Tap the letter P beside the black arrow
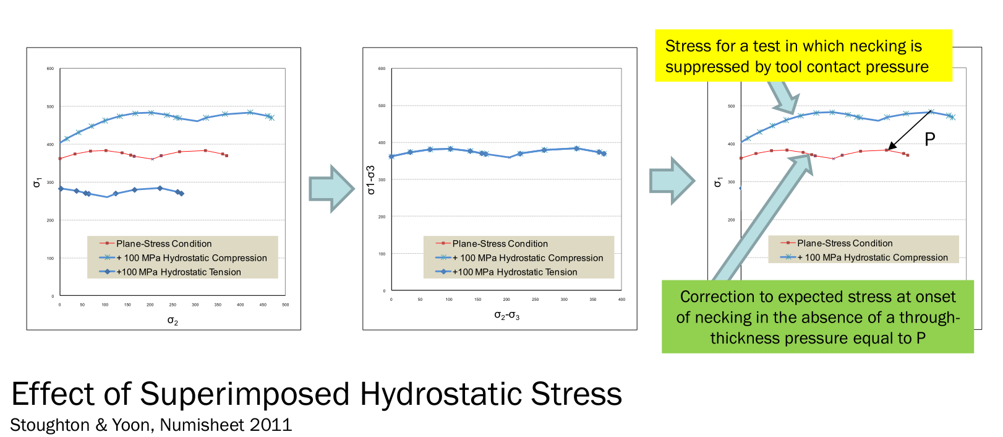[929, 139]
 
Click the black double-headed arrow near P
[909, 131]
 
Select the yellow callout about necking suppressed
[803, 56]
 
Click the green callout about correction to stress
[817, 317]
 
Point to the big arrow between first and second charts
[332, 188]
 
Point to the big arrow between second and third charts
[672, 181]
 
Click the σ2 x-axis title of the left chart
[173, 321]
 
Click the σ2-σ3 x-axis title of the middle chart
[506, 316]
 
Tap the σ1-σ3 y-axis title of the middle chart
[371, 180]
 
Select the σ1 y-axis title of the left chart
[37, 182]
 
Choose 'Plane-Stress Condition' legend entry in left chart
[164, 244]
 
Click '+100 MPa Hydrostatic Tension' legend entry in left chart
[179, 272]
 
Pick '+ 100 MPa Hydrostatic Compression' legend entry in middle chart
[527, 258]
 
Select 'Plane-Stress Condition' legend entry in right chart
[845, 243]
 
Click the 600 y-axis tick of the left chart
[50, 69]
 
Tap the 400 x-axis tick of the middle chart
[621, 300]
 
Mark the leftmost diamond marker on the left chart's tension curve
[61, 189]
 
